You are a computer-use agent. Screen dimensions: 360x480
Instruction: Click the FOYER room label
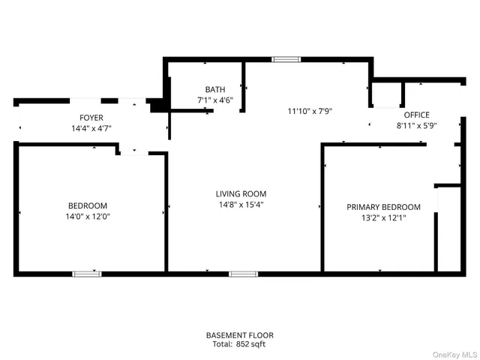(x=91, y=118)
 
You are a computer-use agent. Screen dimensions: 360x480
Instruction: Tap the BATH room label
(x=215, y=89)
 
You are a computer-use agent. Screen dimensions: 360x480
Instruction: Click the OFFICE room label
(x=416, y=115)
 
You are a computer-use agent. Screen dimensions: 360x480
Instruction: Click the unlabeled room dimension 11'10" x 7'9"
(x=310, y=111)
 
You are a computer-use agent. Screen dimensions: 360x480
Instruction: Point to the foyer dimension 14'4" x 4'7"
(x=91, y=128)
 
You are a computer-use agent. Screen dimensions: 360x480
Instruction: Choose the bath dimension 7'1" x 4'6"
(x=215, y=100)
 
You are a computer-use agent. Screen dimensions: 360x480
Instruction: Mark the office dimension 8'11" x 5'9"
(x=416, y=125)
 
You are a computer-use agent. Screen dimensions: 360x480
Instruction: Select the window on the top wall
(x=285, y=58)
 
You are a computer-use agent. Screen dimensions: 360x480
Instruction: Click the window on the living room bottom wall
(x=243, y=274)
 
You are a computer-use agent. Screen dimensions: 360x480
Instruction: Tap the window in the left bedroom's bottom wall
(x=86, y=274)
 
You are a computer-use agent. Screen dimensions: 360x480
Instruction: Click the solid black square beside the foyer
(x=157, y=106)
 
